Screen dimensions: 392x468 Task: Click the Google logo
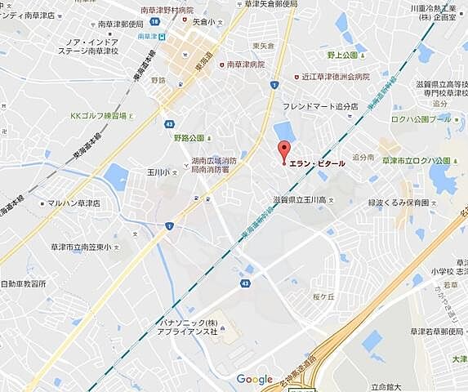(x=254, y=379)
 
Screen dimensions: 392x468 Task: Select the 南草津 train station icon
(x=163, y=37)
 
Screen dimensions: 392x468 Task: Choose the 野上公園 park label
(x=343, y=56)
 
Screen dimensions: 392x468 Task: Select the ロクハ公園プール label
(x=421, y=119)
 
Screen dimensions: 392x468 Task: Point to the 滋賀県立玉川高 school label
(x=301, y=200)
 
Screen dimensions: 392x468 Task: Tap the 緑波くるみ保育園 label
(x=399, y=202)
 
